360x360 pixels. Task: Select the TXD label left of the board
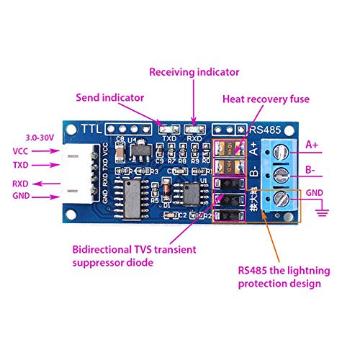21,167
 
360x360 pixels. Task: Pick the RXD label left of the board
21,184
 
